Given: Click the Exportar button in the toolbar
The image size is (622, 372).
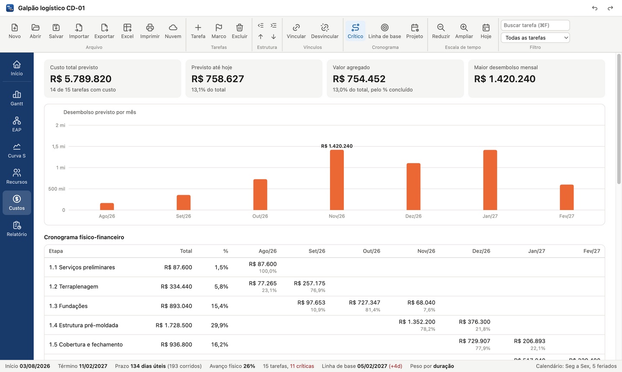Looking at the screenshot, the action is [x=104, y=31].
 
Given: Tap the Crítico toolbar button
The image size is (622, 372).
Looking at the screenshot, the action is [x=355, y=31].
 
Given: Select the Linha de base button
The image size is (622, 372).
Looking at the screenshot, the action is [x=384, y=31].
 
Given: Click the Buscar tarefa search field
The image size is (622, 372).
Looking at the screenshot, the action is [x=535, y=25].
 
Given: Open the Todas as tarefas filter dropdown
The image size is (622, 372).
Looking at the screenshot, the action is [x=535, y=38].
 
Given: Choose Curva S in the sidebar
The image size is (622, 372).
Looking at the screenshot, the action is [x=17, y=151].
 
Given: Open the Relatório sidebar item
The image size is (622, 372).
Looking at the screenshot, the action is [x=17, y=229].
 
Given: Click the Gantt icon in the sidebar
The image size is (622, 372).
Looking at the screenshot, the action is [x=17, y=95].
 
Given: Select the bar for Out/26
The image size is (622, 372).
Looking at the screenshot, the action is [x=260, y=195].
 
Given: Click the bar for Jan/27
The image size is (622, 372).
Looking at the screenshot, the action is [x=490, y=180].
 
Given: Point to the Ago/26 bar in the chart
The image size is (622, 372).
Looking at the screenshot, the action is [x=107, y=206].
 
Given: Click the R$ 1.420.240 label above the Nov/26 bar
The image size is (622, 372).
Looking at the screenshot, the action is [x=337, y=146].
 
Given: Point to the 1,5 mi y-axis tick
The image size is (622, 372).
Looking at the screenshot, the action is [x=59, y=147].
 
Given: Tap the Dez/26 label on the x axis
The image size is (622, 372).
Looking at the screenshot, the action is [x=413, y=216].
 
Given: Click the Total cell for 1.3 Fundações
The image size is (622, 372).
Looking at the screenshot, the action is [x=176, y=306].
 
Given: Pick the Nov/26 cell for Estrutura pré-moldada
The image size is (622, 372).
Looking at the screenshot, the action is [x=417, y=325].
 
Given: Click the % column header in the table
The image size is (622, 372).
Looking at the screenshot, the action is [x=225, y=251].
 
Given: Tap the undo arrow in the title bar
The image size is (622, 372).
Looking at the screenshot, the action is [x=594, y=8].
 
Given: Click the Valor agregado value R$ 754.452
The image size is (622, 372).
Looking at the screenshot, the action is [x=359, y=79].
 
